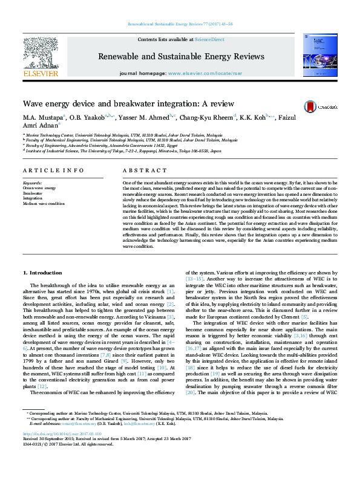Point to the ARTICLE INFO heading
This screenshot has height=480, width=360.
click(53, 170)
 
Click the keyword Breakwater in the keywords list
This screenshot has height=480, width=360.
click(33, 193)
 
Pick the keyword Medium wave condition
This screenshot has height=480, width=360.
click(44, 203)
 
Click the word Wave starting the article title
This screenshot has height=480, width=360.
click(33, 104)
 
